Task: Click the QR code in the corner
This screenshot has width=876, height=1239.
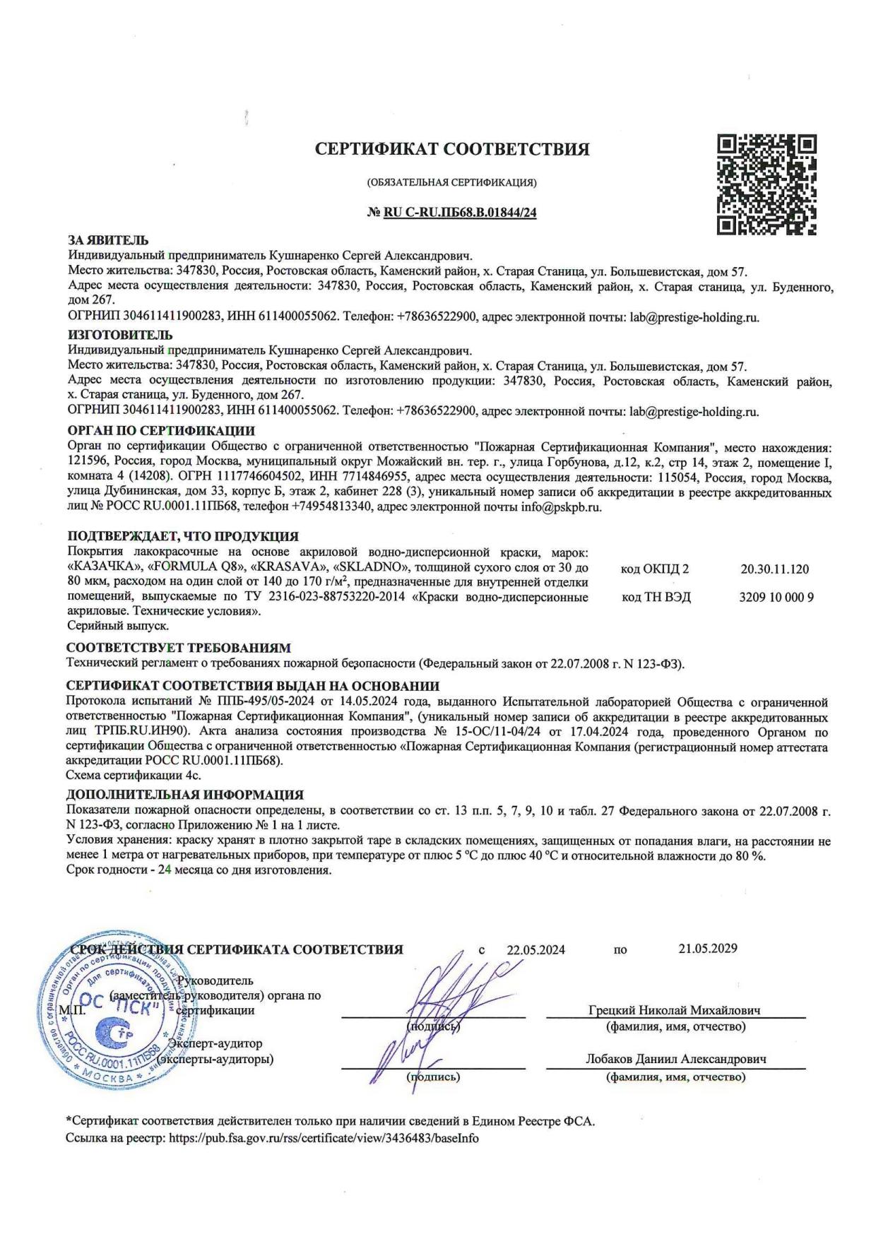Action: (x=767, y=184)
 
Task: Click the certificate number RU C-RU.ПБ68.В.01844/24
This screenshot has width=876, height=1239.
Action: (x=460, y=213)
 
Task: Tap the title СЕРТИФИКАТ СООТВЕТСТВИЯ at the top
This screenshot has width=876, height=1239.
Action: (x=451, y=150)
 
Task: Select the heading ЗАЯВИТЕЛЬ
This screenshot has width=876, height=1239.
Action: (x=107, y=241)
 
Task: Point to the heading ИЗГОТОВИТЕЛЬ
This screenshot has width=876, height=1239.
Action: (x=119, y=335)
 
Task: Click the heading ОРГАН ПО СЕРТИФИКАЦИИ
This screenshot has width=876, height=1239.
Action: (x=161, y=431)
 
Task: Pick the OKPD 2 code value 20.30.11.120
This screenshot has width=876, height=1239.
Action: (x=775, y=569)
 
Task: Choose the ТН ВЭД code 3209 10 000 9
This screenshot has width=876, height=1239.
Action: (x=776, y=598)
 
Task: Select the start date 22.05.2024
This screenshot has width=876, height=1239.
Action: (x=535, y=950)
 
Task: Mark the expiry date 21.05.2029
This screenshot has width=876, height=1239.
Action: (x=708, y=949)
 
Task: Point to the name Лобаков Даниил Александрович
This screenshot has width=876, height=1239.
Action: (x=675, y=1060)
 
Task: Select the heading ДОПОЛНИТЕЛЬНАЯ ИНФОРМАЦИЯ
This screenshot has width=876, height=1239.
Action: (x=185, y=795)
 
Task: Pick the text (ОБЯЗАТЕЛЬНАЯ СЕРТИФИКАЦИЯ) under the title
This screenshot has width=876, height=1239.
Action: (x=451, y=183)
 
